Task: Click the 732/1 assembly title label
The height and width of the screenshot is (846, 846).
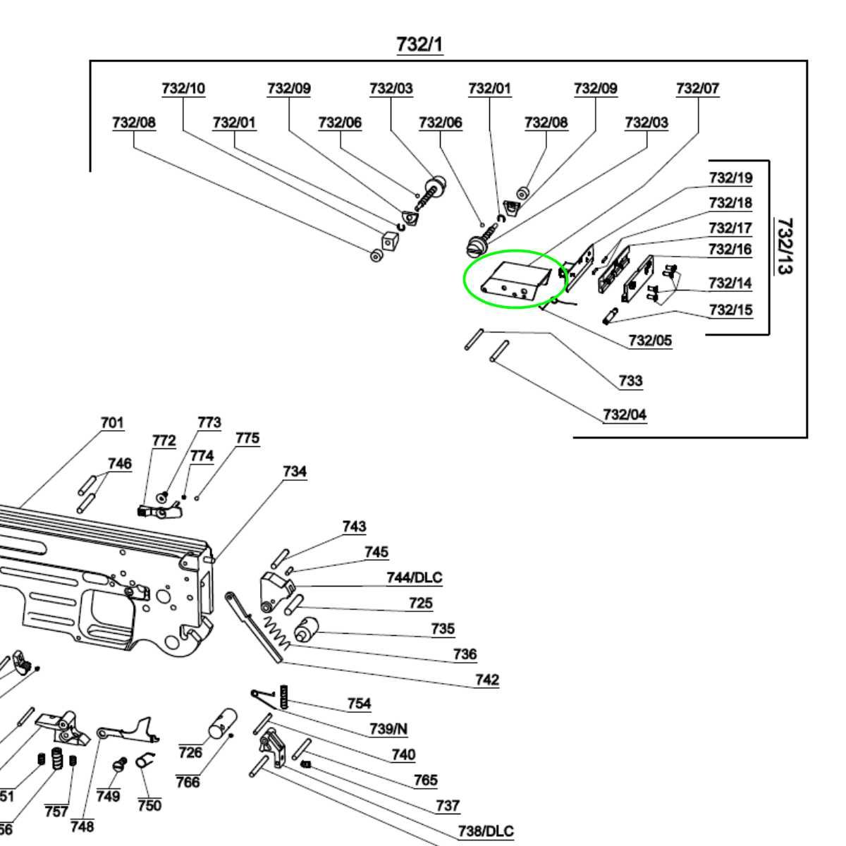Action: pos(419,44)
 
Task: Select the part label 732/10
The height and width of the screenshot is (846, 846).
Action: pos(183,89)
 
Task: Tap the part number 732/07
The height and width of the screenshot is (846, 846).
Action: pos(697,89)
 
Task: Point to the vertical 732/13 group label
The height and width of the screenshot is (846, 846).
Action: pos(784,246)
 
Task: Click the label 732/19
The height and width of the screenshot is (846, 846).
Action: pos(730,178)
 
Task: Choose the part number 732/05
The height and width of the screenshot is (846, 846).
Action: pos(650,341)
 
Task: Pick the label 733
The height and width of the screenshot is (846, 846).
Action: pos(630,381)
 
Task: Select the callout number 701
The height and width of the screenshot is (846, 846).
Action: pos(112,423)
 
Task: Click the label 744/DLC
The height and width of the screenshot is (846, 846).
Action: pos(414,578)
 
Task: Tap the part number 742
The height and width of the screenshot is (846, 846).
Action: pos(486,680)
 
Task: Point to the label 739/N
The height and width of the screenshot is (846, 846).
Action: pos(388,729)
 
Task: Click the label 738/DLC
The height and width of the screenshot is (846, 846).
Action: pos(486,832)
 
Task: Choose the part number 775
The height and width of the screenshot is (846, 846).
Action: pos(247,439)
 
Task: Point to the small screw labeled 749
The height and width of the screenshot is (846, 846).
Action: pos(119,765)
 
